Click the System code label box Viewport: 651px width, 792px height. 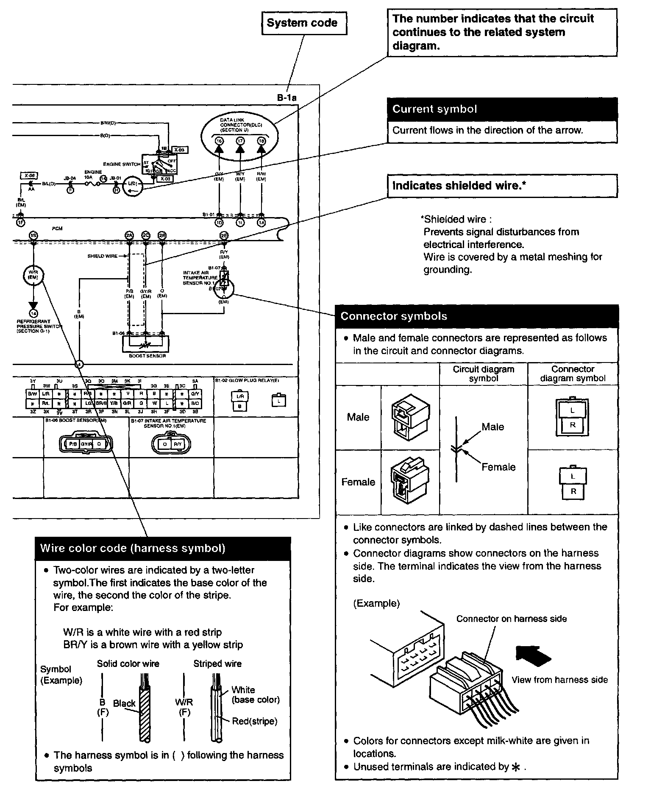point(303,23)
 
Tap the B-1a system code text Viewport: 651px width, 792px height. point(287,98)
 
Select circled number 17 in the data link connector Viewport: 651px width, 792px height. point(240,141)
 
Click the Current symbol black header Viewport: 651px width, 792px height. point(502,109)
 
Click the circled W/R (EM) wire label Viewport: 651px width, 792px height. point(33,274)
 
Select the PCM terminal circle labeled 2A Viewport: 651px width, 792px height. point(129,235)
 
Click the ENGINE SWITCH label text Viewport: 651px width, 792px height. point(122,164)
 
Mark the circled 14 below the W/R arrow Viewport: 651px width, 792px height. point(33,314)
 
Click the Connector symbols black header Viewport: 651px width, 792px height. point(476,316)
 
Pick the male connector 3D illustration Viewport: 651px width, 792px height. point(410,418)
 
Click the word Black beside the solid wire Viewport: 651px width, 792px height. point(124,703)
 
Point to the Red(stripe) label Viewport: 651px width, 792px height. point(254,721)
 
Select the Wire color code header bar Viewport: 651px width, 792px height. point(163,548)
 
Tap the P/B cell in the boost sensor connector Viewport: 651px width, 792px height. point(73,444)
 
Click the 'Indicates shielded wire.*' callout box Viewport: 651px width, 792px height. point(502,186)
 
